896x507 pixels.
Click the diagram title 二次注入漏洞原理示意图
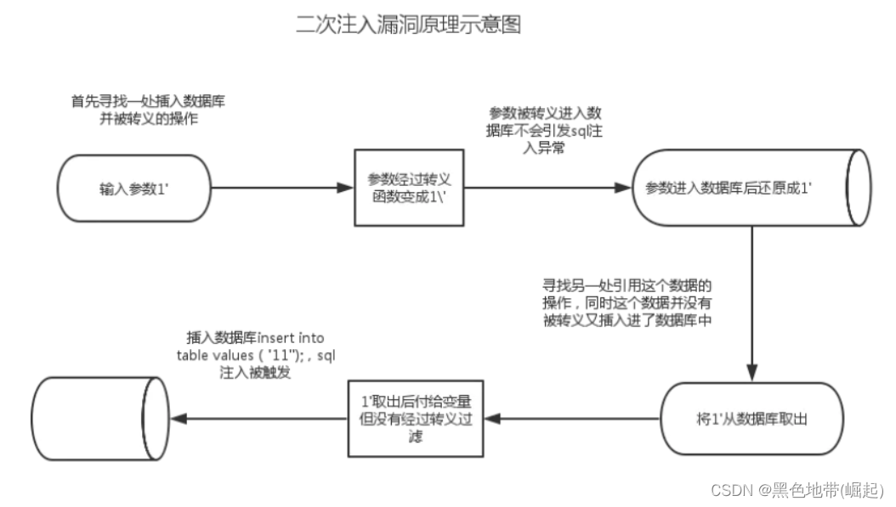point(408,25)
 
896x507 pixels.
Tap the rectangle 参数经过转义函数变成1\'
point(408,188)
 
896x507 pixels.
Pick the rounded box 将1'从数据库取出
point(752,418)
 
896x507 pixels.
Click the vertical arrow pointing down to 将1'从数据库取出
point(751,306)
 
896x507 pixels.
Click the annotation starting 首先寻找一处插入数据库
point(148,110)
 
